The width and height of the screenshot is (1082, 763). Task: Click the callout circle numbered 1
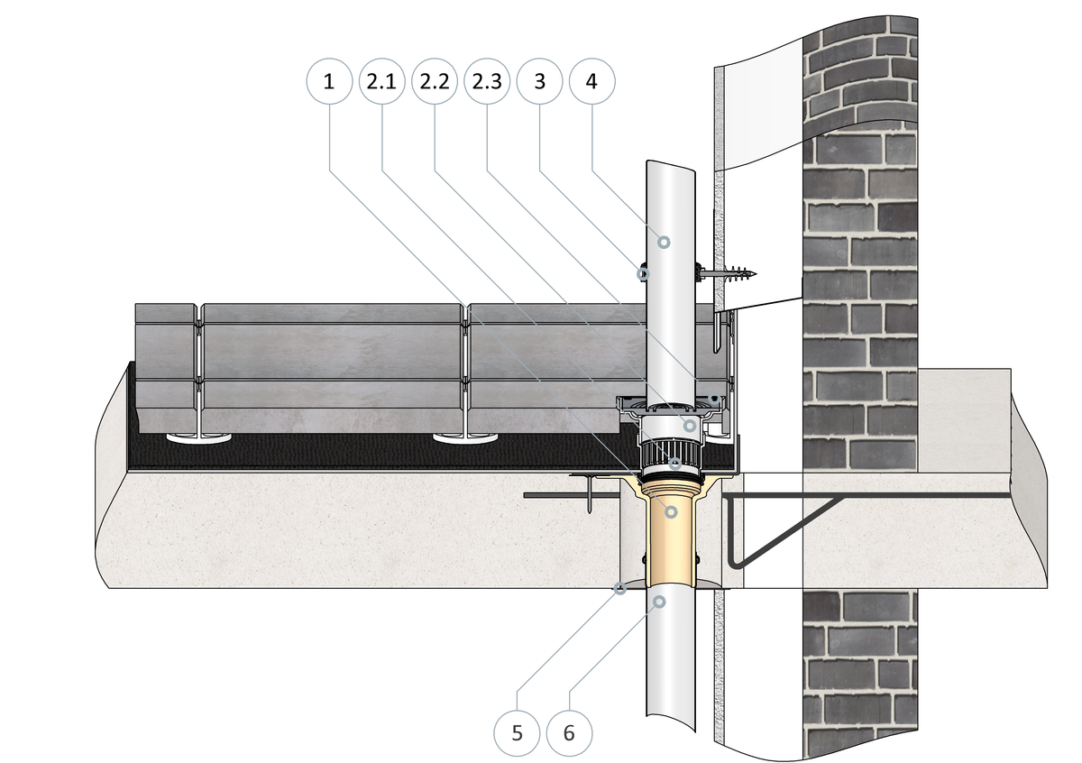pos(328,81)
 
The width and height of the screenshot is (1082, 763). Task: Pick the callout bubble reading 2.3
pos(487,81)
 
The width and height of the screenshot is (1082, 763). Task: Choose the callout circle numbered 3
pos(539,81)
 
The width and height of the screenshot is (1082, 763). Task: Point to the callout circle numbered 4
pos(591,81)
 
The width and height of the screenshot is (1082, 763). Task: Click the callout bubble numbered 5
pos(517,732)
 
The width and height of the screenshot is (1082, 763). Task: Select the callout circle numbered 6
pos(568,732)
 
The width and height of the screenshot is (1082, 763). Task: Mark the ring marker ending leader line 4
pos(664,241)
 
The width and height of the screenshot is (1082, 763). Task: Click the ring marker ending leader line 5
pos(620,589)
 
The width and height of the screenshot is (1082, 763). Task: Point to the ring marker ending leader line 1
pos(671,511)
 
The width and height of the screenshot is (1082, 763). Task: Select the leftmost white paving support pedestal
pos(196,439)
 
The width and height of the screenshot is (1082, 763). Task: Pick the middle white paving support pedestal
pos(465,439)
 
